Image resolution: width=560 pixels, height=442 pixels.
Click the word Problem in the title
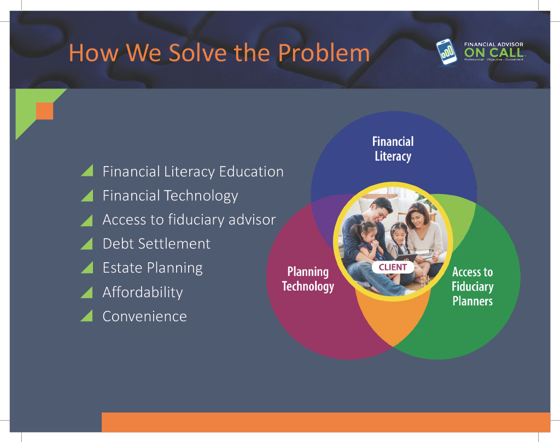(x=324, y=53)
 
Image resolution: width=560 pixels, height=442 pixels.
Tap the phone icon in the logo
(x=446, y=52)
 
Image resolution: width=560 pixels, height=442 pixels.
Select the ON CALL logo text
(x=494, y=52)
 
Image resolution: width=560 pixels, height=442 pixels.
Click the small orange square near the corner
(x=45, y=111)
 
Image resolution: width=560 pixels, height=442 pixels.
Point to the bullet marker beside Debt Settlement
(x=87, y=244)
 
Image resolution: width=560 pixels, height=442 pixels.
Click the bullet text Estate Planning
(x=153, y=268)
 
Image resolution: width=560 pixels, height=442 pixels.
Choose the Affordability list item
(x=143, y=292)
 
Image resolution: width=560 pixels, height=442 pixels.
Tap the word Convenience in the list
(x=144, y=316)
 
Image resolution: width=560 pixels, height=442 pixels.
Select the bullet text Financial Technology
(x=171, y=196)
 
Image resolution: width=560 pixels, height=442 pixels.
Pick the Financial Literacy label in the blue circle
(x=393, y=149)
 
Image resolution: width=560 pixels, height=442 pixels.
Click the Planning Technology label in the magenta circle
(x=308, y=279)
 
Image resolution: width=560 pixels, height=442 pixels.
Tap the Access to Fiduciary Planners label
(x=472, y=286)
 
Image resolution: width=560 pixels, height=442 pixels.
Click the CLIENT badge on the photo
(x=393, y=267)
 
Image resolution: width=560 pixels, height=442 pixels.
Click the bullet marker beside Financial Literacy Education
(x=87, y=170)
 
